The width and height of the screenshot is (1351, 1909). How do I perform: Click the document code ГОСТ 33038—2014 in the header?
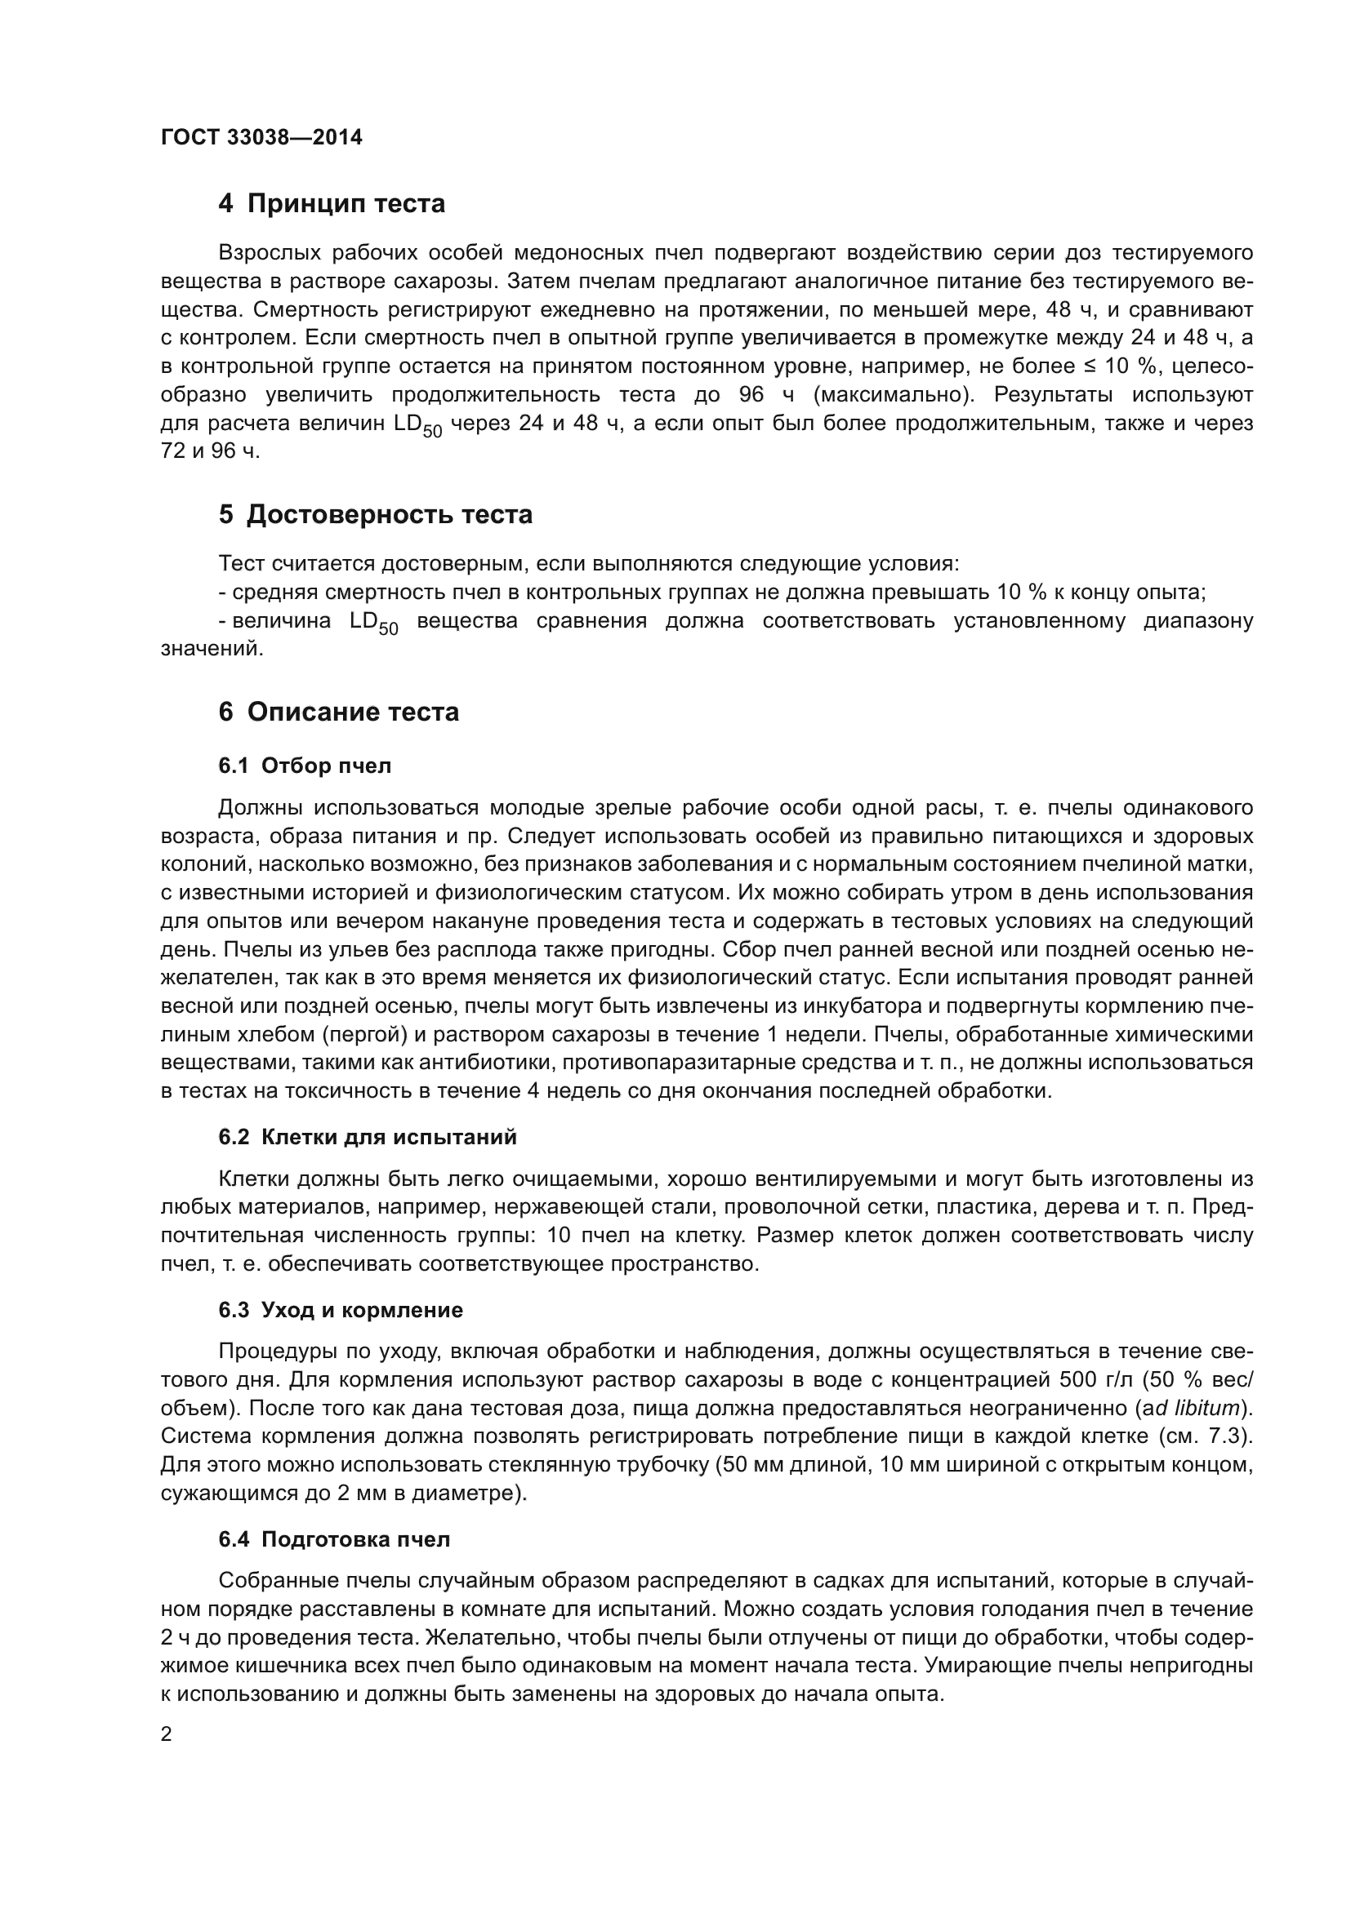click(x=261, y=137)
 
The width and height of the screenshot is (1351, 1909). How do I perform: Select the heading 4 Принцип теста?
click(x=331, y=203)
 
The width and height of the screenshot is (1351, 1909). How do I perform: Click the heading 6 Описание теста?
click(x=339, y=712)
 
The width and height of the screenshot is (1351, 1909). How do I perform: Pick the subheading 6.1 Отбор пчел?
click(x=305, y=766)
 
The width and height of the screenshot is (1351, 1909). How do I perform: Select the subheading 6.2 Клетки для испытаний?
click(x=367, y=1137)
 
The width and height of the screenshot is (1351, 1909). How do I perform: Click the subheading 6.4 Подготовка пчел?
click(x=333, y=1539)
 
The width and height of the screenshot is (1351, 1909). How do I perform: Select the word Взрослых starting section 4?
click(x=268, y=253)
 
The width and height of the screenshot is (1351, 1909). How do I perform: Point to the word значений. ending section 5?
click(x=212, y=650)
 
